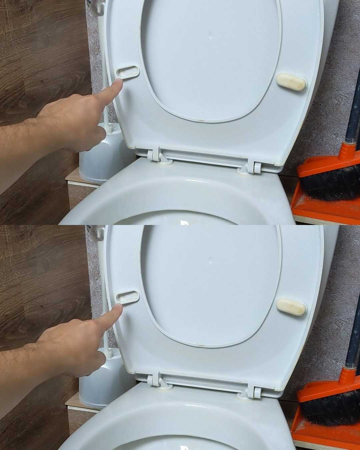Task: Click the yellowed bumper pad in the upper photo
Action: [x=292, y=82]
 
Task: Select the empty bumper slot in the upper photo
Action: [x=128, y=71]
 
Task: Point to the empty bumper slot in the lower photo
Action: [x=128, y=296]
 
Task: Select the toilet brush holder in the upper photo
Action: [x=97, y=157]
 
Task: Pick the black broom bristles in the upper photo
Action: [x=330, y=183]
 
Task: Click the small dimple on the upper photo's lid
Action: [x=210, y=35]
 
